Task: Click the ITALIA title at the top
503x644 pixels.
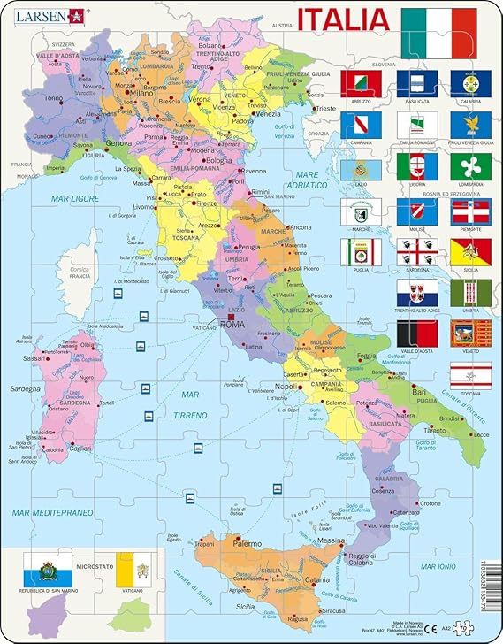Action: tap(343, 19)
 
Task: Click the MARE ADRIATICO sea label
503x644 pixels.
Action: tap(319, 180)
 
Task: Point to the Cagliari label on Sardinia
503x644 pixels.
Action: tap(81, 450)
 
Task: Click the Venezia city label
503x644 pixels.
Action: tap(269, 114)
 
